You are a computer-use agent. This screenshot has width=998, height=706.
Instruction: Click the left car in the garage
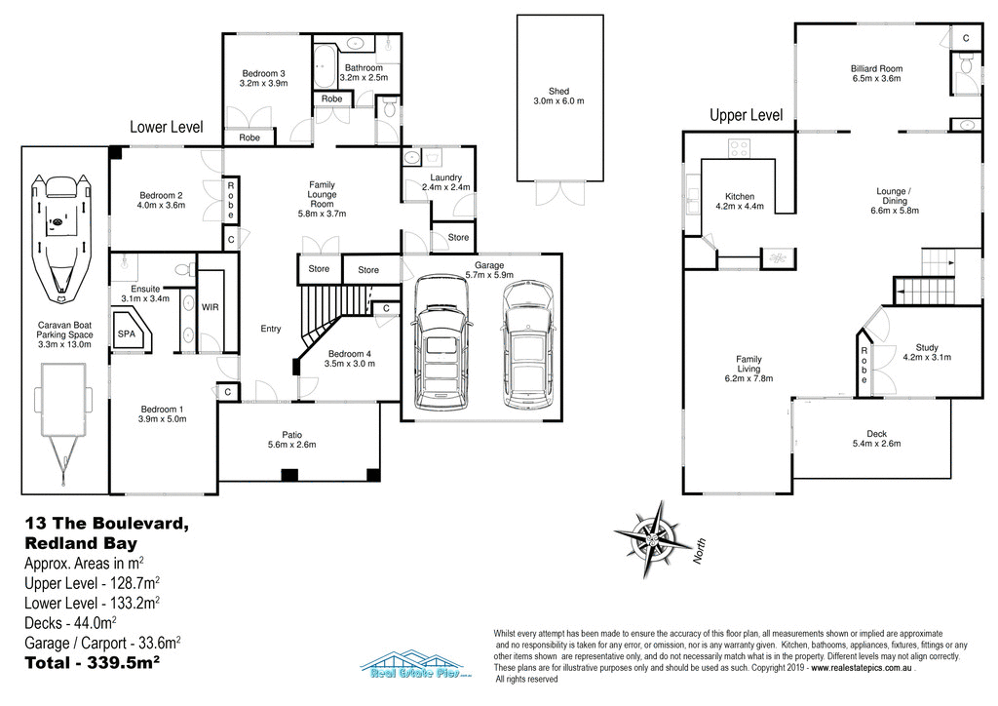coord(441,343)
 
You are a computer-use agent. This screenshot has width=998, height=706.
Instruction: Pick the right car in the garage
coord(527,346)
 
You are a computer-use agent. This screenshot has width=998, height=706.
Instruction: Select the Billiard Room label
coord(876,69)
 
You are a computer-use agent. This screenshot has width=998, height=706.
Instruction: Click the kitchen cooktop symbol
coord(739,149)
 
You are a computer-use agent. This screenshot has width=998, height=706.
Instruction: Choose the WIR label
coord(210,307)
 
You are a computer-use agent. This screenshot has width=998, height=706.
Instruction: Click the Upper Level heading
coord(746,115)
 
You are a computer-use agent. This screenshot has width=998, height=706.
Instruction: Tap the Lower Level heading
coord(167,127)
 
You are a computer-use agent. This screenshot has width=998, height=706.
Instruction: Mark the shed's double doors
coord(557,193)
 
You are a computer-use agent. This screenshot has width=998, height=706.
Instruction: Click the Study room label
coord(927,347)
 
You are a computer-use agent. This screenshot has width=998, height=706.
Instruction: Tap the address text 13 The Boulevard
coord(105,524)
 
